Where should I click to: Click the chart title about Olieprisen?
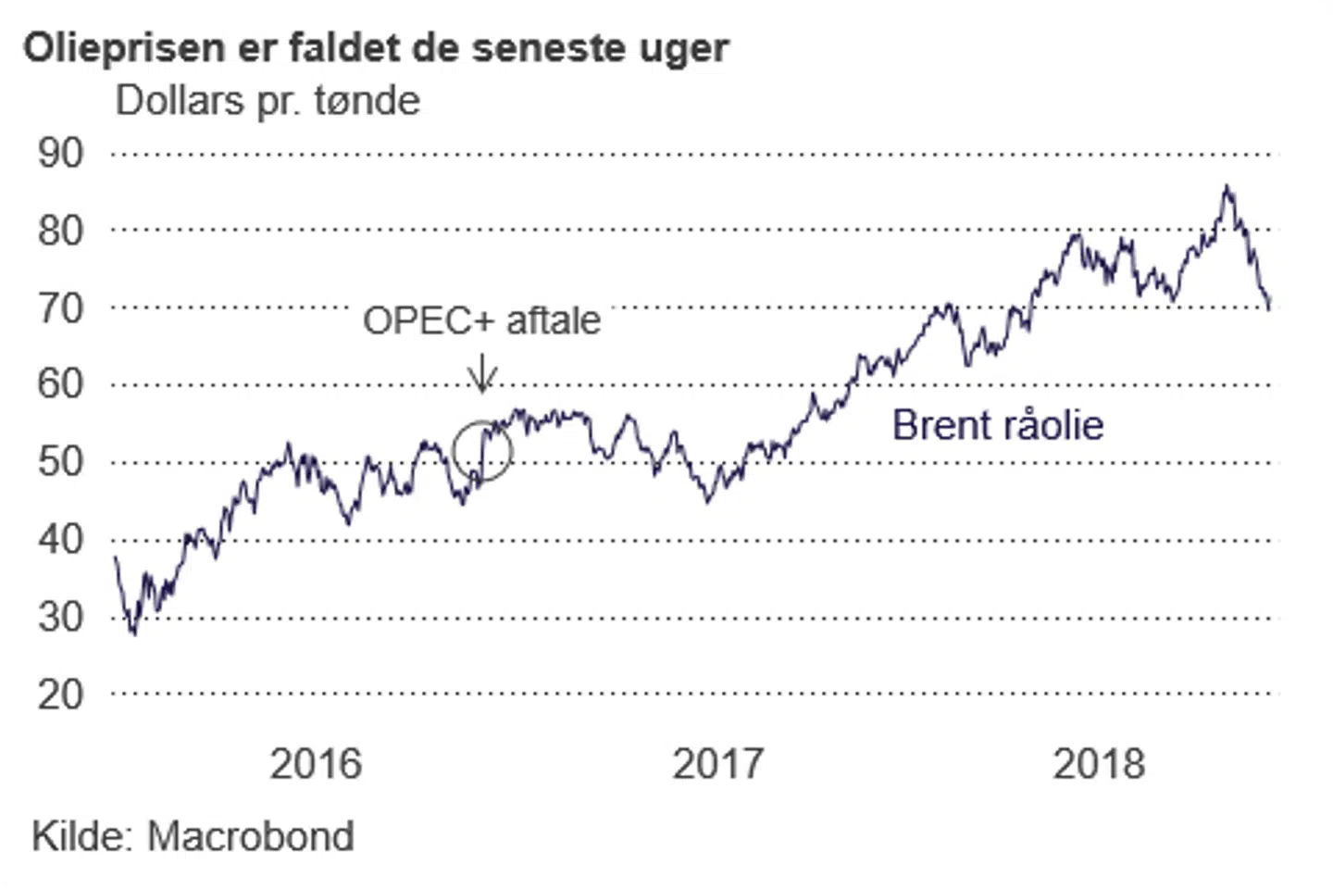click(376, 48)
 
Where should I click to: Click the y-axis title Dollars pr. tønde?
click(268, 101)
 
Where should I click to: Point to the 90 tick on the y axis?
click(60, 153)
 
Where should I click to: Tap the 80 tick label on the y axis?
click(60, 231)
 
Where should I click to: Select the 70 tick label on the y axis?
click(60, 307)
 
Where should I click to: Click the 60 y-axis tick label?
click(60, 383)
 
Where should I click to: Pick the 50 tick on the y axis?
click(60, 461)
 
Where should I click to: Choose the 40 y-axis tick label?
click(60, 539)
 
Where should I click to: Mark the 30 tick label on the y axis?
click(60, 617)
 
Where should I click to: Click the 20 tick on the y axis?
click(60, 694)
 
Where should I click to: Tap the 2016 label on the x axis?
click(316, 764)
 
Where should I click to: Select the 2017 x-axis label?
click(717, 764)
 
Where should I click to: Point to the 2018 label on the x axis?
click(1099, 764)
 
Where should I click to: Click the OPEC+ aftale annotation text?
click(481, 320)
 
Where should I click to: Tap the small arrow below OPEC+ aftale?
click(481, 375)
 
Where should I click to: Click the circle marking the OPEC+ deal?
click(482, 451)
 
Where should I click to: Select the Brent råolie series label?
click(998, 426)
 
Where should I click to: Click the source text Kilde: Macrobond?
click(193, 836)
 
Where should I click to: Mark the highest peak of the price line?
click(1227, 188)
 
